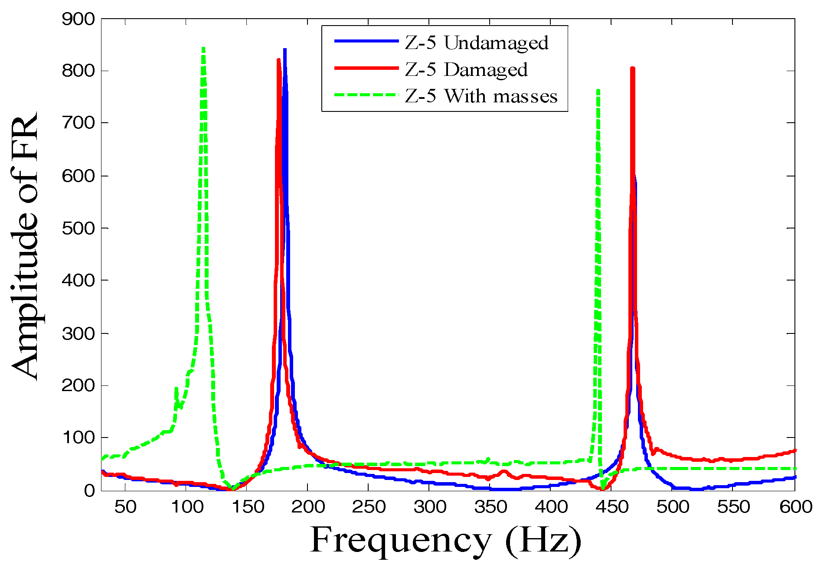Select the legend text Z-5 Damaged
click(x=466, y=69)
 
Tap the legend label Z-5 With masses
click(x=481, y=96)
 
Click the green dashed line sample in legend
click(x=366, y=95)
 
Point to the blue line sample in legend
click(x=366, y=41)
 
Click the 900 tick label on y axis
click(x=78, y=19)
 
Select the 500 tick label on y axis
click(x=78, y=229)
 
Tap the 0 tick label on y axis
click(x=89, y=490)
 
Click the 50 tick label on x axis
click(x=125, y=506)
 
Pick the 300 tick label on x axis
click(x=429, y=506)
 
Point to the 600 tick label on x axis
click(x=795, y=506)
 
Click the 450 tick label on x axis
click(x=611, y=506)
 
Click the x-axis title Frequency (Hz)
click(x=445, y=540)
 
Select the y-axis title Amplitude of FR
click(x=25, y=246)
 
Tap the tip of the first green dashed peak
click(x=203, y=49)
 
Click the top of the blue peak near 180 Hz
click(x=285, y=50)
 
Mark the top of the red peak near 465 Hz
click(x=632, y=68)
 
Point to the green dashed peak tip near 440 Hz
click(x=598, y=91)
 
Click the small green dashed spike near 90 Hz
click(x=177, y=388)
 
